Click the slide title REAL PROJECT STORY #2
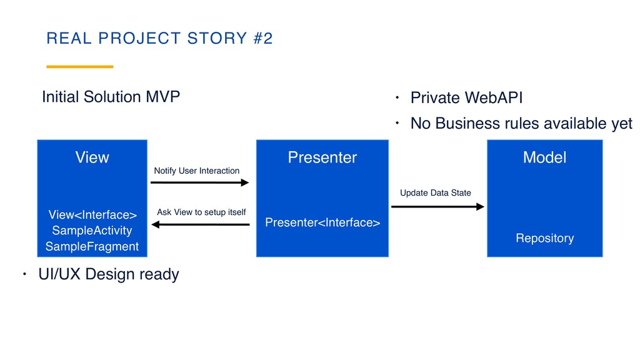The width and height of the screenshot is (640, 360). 160,39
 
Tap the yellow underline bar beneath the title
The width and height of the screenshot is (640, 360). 80,66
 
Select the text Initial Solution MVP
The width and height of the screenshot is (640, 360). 111,97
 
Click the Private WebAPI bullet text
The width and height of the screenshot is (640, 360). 466,98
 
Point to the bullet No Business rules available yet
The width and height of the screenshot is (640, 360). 521,124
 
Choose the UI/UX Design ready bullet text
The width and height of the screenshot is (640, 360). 108,274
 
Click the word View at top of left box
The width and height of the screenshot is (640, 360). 92,157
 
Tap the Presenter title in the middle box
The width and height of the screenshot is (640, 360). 322,157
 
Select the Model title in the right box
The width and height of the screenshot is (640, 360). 544,157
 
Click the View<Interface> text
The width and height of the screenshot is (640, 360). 92,215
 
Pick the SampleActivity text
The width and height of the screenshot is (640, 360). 92,231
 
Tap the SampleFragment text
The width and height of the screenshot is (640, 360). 92,246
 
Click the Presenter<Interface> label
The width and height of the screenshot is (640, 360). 322,222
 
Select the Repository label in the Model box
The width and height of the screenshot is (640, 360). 544,238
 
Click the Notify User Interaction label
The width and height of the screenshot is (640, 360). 196,171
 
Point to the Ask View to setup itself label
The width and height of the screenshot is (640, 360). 201,212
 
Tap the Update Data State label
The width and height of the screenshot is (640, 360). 435,192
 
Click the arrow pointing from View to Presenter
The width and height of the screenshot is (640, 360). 200,182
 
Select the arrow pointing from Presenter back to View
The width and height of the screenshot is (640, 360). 200,224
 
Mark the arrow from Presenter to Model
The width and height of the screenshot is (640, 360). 437,206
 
